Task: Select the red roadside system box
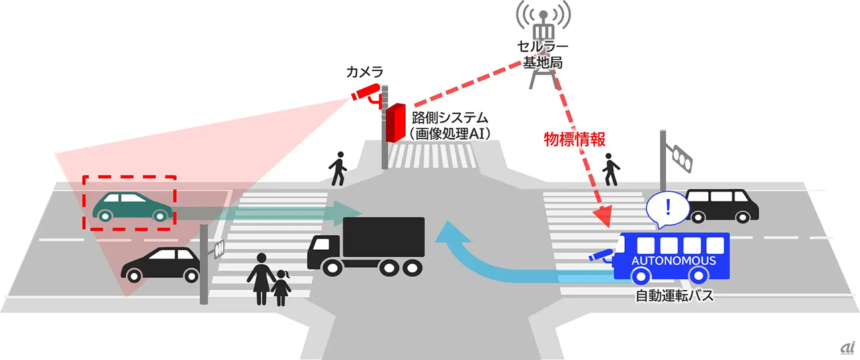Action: tap(394, 122)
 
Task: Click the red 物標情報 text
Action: tap(574, 140)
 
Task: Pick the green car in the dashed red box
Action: tap(130, 206)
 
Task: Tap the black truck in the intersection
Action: tap(366, 245)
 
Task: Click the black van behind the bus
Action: tap(722, 204)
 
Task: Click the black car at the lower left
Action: tap(161, 264)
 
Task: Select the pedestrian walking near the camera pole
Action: tap(337, 169)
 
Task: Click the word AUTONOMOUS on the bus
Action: tap(673, 261)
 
